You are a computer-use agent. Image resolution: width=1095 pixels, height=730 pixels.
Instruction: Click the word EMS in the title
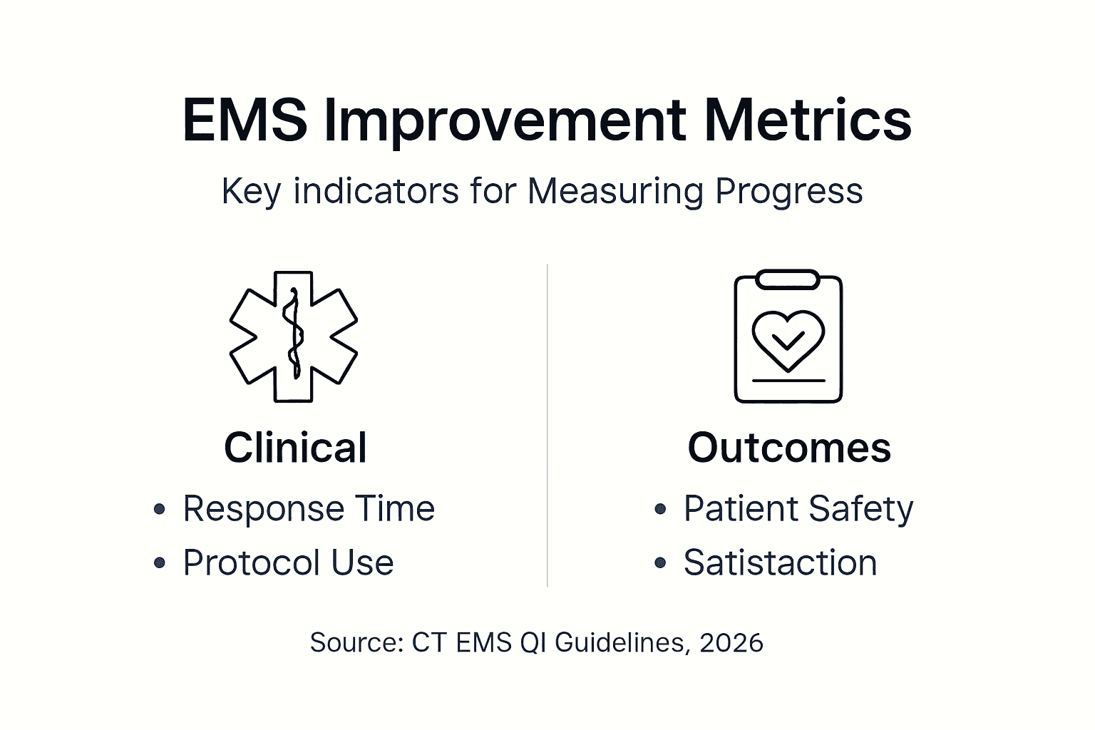(x=245, y=120)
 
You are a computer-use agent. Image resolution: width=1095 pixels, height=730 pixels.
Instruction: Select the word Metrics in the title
(x=808, y=120)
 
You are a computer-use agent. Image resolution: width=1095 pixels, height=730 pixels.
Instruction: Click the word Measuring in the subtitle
(x=616, y=191)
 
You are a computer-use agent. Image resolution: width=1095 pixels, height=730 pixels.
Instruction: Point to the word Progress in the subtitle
(x=788, y=191)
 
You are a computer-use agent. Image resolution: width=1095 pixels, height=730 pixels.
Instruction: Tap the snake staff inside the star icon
(x=293, y=335)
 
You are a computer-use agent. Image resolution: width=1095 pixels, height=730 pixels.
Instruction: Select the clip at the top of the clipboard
(x=787, y=279)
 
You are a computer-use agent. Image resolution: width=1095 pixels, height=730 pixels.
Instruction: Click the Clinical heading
(x=295, y=448)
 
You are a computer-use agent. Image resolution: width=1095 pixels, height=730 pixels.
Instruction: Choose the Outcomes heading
(x=789, y=448)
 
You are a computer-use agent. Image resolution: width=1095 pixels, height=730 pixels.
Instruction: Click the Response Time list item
(x=309, y=509)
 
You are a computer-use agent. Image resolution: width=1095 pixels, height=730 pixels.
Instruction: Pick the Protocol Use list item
(x=288, y=562)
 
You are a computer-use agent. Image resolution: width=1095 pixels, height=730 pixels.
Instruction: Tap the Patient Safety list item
(x=798, y=509)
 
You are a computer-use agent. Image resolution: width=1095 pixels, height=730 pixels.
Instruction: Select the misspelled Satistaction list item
(x=780, y=562)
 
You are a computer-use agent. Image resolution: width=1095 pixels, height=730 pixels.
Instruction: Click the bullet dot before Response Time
(x=160, y=509)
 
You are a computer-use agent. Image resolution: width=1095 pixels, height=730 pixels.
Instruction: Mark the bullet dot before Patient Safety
(x=660, y=509)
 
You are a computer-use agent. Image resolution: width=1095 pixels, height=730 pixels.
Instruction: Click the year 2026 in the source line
(x=731, y=642)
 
